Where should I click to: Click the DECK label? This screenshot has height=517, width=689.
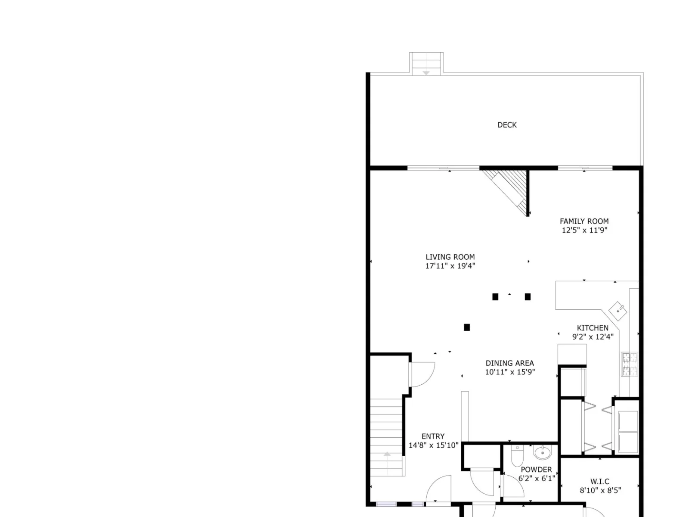pos(506,125)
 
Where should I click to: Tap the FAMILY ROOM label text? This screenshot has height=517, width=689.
pos(584,221)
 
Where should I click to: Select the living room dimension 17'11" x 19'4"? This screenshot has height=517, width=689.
pos(450,266)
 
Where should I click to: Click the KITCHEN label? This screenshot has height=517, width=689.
pos(592,328)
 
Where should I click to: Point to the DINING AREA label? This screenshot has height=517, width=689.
pos(509,363)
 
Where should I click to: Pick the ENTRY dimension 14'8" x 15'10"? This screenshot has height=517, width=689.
pos(433,445)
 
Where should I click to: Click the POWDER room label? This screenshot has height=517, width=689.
pos(536,470)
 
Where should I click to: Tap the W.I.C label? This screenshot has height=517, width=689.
pos(599,482)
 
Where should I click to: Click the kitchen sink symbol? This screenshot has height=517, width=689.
pos(618,311)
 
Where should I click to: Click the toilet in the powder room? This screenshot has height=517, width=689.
pos(517,456)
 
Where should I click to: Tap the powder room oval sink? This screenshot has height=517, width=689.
pos(542,452)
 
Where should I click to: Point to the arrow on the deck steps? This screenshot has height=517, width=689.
pos(425,73)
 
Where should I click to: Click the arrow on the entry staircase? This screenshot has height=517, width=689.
pos(387,454)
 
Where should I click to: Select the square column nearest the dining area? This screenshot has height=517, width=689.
pos(467,327)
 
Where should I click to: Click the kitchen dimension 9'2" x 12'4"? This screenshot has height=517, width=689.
pos(593,337)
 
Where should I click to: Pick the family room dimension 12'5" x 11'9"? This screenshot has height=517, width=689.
pos(584,230)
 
